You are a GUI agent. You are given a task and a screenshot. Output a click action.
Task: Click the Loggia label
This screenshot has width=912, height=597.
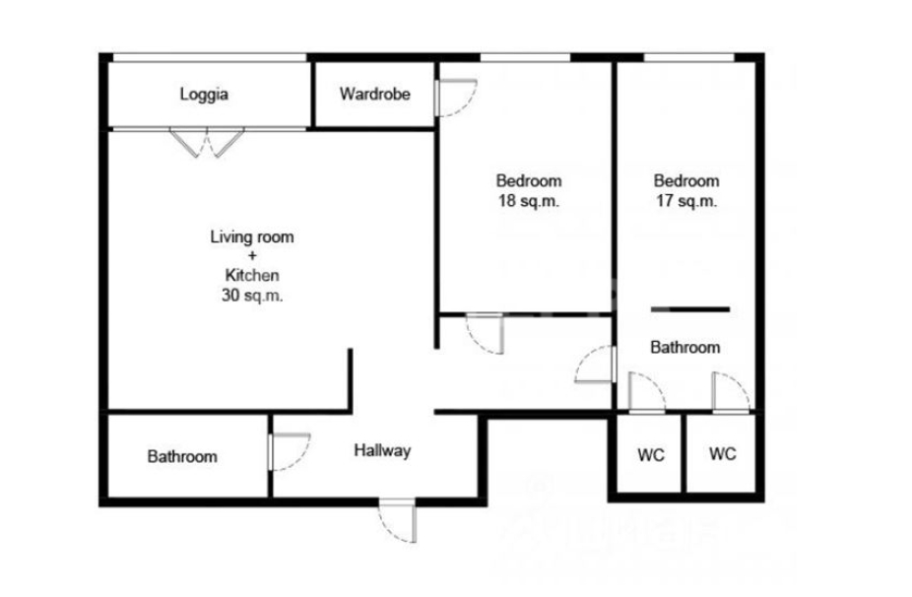click(x=204, y=95)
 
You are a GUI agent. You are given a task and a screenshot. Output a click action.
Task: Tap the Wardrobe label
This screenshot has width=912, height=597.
click(x=375, y=94)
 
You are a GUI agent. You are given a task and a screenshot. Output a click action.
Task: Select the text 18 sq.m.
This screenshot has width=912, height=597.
click(x=529, y=201)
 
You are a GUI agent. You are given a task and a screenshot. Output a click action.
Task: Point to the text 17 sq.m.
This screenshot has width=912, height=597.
click(x=686, y=201)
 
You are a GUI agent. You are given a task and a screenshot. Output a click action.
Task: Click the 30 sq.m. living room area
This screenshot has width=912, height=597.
click(x=252, y=296)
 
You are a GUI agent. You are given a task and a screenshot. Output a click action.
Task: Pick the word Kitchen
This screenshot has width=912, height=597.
click(x=252, y=275)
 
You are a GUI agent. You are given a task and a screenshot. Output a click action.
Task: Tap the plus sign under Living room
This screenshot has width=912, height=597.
click(x=252, y=255)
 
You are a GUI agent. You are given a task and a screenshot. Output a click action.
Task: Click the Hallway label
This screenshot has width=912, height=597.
click(x=383, y=450)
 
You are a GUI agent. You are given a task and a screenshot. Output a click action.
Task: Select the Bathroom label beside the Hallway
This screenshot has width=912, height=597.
click(x=182, y=456)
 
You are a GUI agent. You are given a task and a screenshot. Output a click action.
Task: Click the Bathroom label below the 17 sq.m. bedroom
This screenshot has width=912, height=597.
click(x=685, y=348)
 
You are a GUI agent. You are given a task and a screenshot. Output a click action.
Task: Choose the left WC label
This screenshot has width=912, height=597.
click(x=651, y=455)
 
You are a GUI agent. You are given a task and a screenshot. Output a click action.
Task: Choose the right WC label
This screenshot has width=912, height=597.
click(x=722, y=454)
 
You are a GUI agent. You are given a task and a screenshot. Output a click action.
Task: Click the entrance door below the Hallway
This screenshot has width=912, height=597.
click(x=398, y=519)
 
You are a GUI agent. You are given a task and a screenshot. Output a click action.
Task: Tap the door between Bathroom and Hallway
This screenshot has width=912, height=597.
click(x=290, y=451)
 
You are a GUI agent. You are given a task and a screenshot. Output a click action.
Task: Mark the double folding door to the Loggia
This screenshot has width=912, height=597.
click(x=207, y=142)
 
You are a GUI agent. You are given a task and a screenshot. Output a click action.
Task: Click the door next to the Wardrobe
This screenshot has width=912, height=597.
click(x=456, y=98)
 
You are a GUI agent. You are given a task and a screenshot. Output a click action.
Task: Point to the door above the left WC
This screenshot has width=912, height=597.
click(x=646, y=393)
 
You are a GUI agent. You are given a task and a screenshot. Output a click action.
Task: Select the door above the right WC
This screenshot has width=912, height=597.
click(x=731, y=393)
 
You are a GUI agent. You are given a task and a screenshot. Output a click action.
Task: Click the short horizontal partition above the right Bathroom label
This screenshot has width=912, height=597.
click(x=690, y=309)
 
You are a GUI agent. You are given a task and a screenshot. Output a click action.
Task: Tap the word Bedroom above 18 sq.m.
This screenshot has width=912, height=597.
click(x=529, y=181)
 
